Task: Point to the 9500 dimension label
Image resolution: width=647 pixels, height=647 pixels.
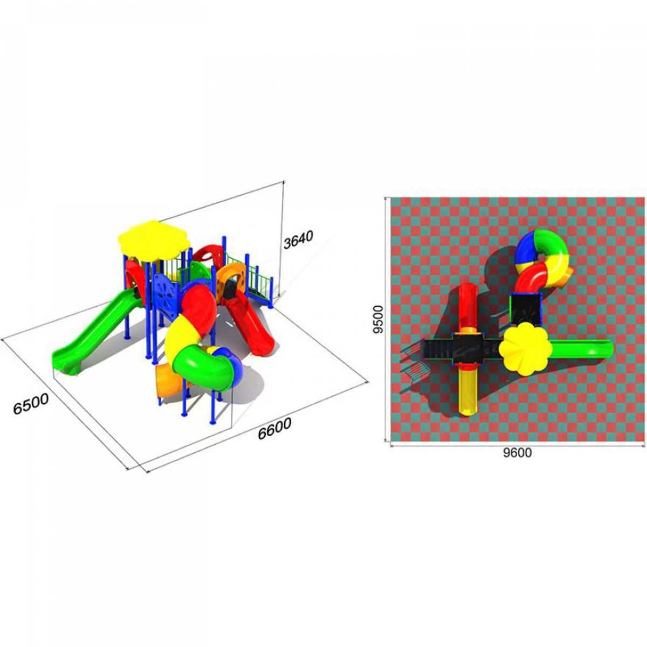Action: [378, 319]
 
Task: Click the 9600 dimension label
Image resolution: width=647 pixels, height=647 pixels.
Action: [517, 453]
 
